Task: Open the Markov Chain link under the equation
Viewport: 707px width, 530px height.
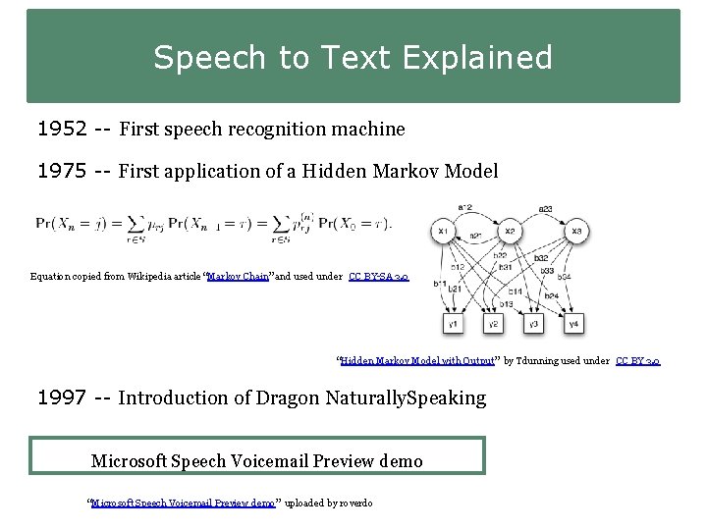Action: (x=239, y=277)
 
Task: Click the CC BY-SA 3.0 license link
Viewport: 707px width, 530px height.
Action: (x=378, y=277)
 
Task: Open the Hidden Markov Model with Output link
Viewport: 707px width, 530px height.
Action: (x=417, y=361)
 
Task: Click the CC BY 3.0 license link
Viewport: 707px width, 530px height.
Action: (x=637, y=361)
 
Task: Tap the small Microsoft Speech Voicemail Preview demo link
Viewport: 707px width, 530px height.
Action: (x=183, y=503)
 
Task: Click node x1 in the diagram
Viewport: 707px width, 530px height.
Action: (x=443, y=232)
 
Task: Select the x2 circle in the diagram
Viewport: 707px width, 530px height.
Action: (x=510, y=232)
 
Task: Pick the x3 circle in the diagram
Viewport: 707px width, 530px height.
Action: (x=576, y=232)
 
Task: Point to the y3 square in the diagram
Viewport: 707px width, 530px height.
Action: (x=532, y=323)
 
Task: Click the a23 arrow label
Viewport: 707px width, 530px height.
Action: (x=544, y=208)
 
